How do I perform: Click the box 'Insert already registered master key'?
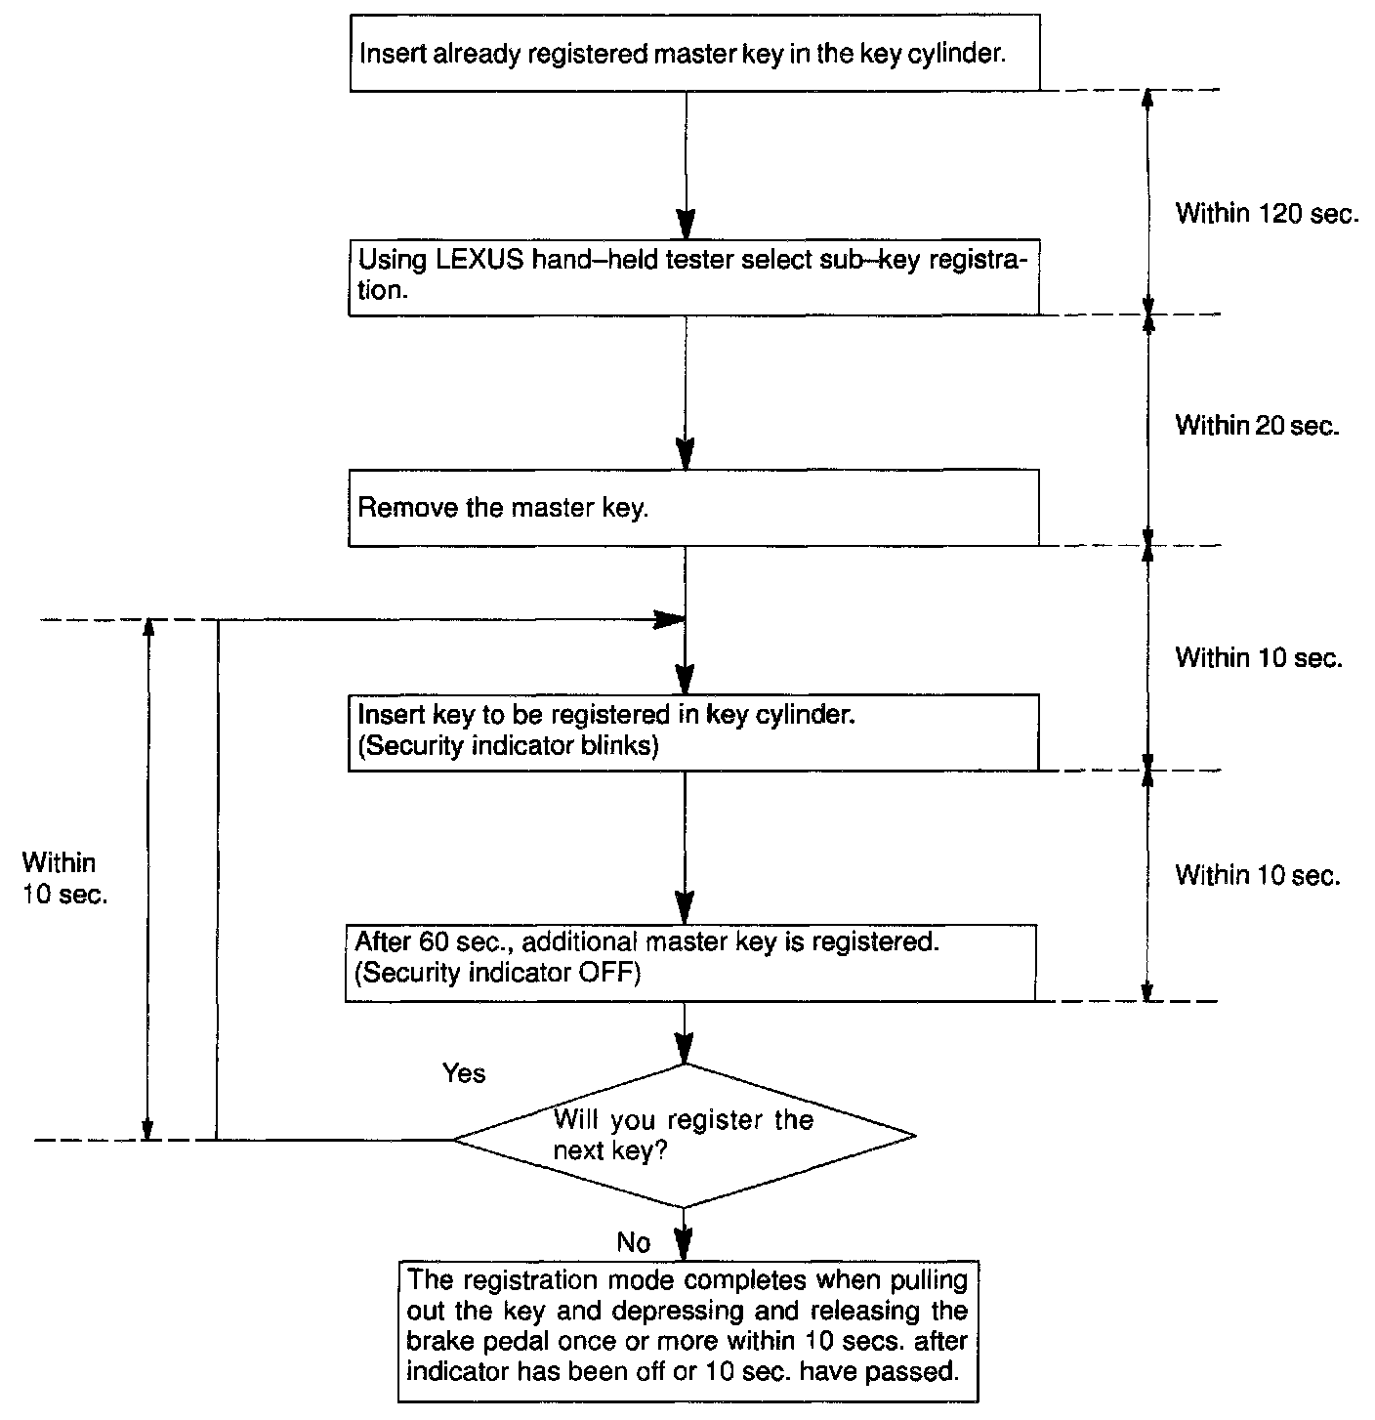click(x=692, y=53)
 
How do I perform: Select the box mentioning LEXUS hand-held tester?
click(x=692, y=276)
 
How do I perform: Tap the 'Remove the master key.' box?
click(x=692, y=508)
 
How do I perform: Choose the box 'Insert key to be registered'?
click(x=692, y=731)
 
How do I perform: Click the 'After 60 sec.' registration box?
click(x=689, y=962)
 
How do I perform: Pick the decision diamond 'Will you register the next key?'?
click(x=684, y=1135)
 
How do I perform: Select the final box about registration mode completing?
click(x=687, y=1324)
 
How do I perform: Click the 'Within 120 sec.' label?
click(x=1267, y=213)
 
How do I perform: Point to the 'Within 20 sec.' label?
click(x=1257, y=425)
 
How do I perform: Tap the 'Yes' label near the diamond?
click(x=464, y=1073)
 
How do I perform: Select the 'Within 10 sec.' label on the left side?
click(x=63, y=878)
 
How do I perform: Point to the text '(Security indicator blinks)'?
click(x=508, y=747)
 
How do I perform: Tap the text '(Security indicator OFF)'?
click(x=497, y=974)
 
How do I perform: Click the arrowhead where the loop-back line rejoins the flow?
click(x=669, y=619)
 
